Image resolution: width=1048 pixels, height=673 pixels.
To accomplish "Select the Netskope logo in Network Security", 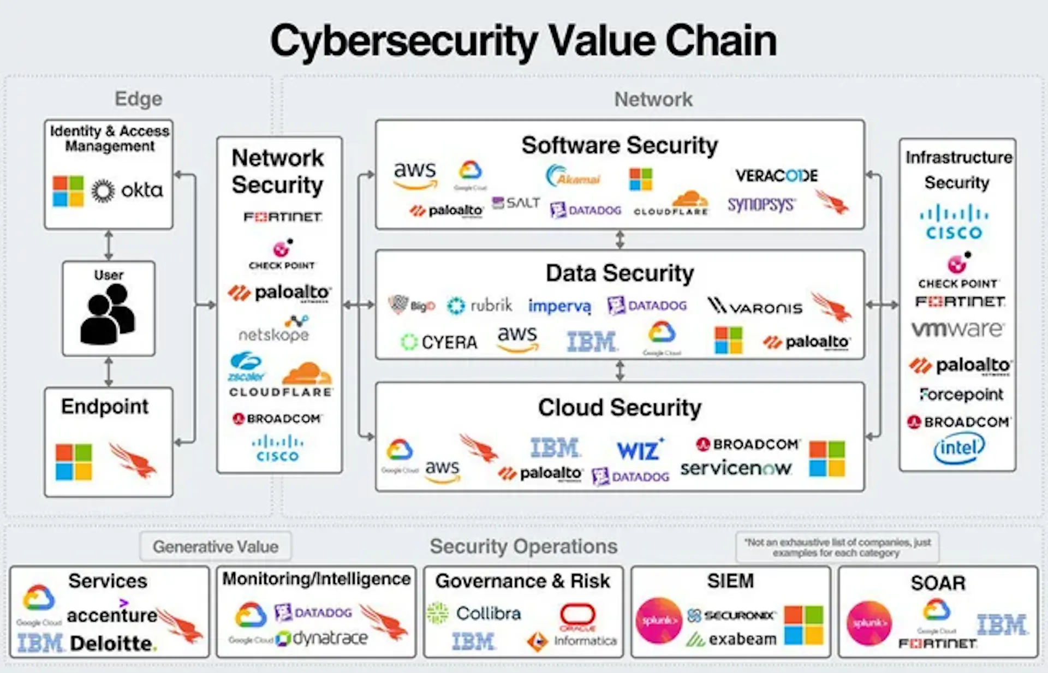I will click(x=274, y=330).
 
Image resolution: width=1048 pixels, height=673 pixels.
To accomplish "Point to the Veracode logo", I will click(x=776, y=176).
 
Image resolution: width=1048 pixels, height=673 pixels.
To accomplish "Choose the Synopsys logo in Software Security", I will click(x=761, y=205).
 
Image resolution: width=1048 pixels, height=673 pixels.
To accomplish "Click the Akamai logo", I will click(x=573, y=176).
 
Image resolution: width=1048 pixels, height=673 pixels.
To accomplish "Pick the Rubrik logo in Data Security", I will click(x=480, y=305).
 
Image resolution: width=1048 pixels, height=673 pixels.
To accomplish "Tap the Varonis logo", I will click(x=755, y=306).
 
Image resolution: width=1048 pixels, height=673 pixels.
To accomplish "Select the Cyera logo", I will click(x=439, y=342).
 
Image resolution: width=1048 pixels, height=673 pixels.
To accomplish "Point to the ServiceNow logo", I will click(x=735, y=468).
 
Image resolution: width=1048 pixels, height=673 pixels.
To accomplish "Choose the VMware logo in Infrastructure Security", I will click(x=957, y=329).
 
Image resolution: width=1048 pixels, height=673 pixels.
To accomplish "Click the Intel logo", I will click(x=959, y=449).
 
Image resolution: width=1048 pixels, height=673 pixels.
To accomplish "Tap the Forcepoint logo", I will click(x=961, y=394).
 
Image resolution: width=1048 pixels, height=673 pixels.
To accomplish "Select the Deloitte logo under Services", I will click(x=113, y=644).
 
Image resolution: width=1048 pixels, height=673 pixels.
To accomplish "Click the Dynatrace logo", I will click(x=322, y=638).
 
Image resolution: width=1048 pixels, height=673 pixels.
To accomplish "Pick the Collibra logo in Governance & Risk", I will click(x=475, y=614).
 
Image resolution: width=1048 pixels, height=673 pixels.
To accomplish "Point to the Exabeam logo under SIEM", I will click(x=732, y=639).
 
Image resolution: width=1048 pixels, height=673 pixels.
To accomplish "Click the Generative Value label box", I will click(x=216, y=546).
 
